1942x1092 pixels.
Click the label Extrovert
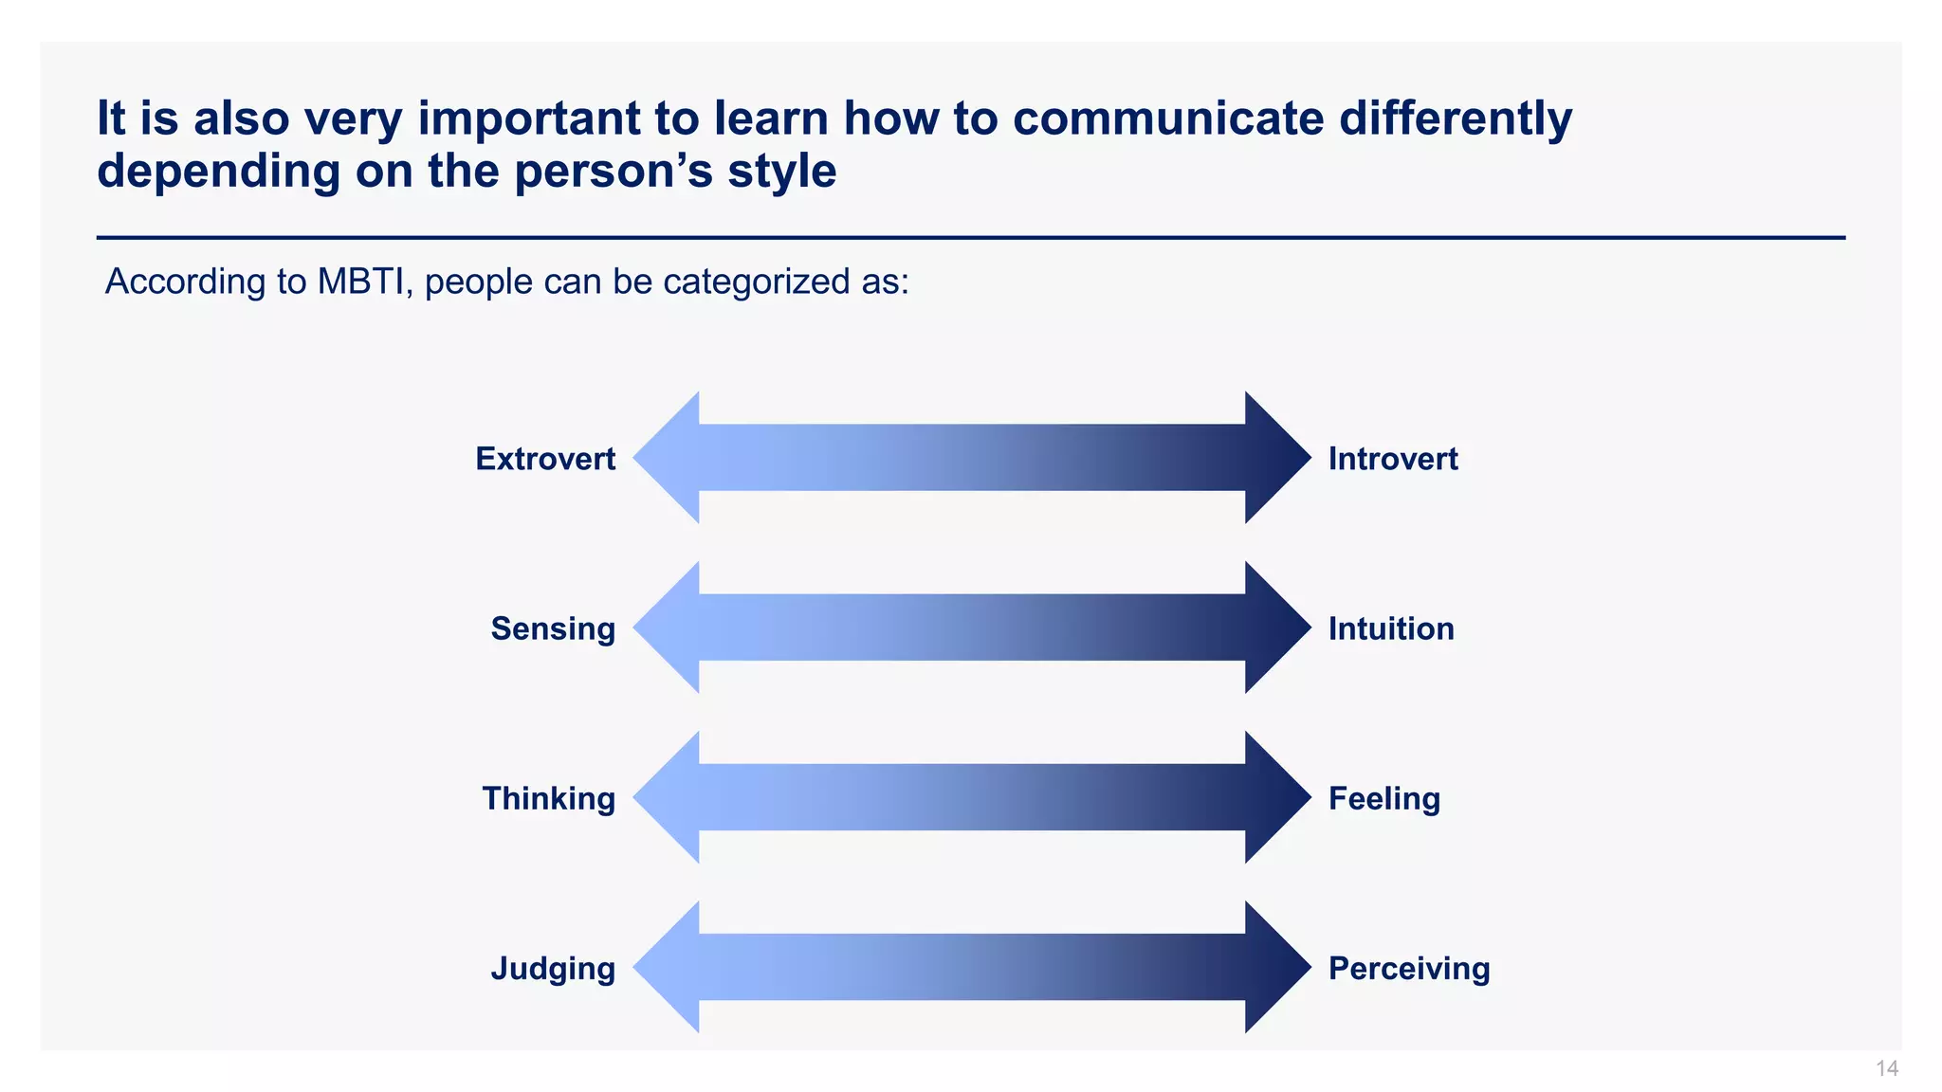click(545, 459)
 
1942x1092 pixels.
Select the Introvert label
click(1392, 459)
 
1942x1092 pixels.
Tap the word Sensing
click(553, 628)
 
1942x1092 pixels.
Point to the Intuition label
click(1390, 628)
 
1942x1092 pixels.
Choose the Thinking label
click(548, 798)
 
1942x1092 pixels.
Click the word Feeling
click(1383, 798)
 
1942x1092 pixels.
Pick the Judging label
click(553, 969)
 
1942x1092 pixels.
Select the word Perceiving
click(1408, 968)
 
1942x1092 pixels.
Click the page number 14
click(1886, 1069)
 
